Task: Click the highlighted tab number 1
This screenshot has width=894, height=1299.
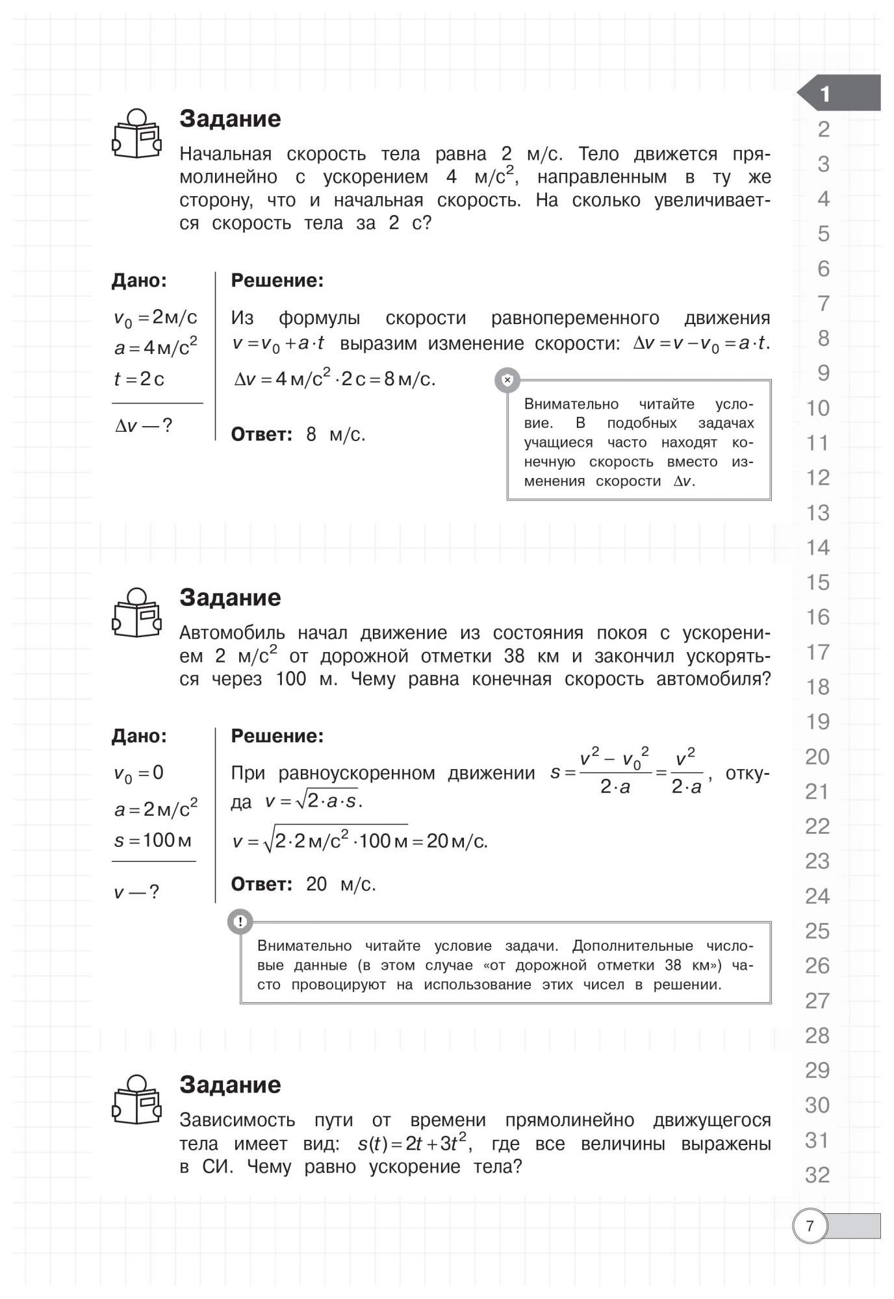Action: tap(825, 94)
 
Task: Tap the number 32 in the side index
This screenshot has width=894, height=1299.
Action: tap(817, 1175)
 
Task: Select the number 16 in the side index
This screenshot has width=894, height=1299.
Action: tap(818, 617)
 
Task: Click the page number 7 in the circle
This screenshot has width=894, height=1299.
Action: tap(810, 1226)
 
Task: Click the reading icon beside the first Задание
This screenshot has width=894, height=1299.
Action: tap(136, 134)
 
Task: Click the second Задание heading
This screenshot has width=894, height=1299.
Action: tap(230, 598)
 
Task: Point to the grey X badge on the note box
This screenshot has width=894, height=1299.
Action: tap(507, 380)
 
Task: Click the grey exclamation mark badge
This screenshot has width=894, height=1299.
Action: tap(240, 921)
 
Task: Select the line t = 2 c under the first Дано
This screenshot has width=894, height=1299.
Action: tap(139, 379)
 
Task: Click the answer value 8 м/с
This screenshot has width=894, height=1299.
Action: tap(336, 435)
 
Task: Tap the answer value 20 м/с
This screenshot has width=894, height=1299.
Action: tap(341, 884)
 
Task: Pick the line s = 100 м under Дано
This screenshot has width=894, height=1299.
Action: tap(153, 840)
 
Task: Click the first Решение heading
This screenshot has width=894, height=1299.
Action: tap(277, 281)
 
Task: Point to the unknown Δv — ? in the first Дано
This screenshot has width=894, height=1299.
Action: tap(144, 426)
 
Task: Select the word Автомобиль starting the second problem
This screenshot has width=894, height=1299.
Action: tap(232, 633)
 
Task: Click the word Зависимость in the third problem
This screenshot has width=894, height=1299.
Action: tap(237, 1120)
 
